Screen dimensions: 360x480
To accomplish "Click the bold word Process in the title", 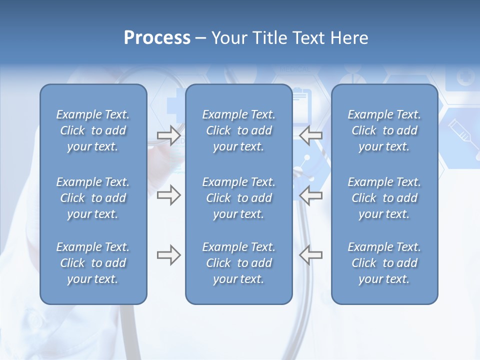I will pyautogui.click(x=157, y=38).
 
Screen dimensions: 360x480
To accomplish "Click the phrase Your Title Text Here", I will pyautogui.click(x=290, y=38).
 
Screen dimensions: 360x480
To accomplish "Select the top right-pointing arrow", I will pyautogui.click(x=168, y=135).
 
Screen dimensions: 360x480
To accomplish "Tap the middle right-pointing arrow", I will pyautogui.click(x=168, y=195).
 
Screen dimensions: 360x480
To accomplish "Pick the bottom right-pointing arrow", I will pyautogui.click(x=168, y=255).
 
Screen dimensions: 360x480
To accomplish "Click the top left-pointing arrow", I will pyautogui.click(x=311, y=135).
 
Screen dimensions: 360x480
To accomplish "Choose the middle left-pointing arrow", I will pyautogui.click(x=311, y=195).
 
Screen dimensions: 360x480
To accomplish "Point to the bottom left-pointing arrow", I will pyautogui.click(x=311, y=255).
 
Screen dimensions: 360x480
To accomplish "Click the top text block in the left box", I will pyautogui.click(x=93, y=130).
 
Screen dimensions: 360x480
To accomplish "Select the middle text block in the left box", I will pyautogui.click(x=93, y=198).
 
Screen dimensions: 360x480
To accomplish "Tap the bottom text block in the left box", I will pyautogui.click(x=93, y=263).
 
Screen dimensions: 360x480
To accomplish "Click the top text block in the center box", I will pyautogui.click(x=238, y=130).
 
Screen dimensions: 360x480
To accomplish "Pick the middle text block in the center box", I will pyautogui.click(x=238, y=198).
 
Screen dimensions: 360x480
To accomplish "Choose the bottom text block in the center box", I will pyautogui.click(x=238, y=263).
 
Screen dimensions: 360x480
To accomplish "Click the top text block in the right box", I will pyautogui.click(x=384, y=130).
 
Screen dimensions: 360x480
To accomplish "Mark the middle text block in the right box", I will pyautogui.click(x=384, y=198).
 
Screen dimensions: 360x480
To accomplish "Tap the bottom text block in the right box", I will pyautogui.click(x=384, y=263).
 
